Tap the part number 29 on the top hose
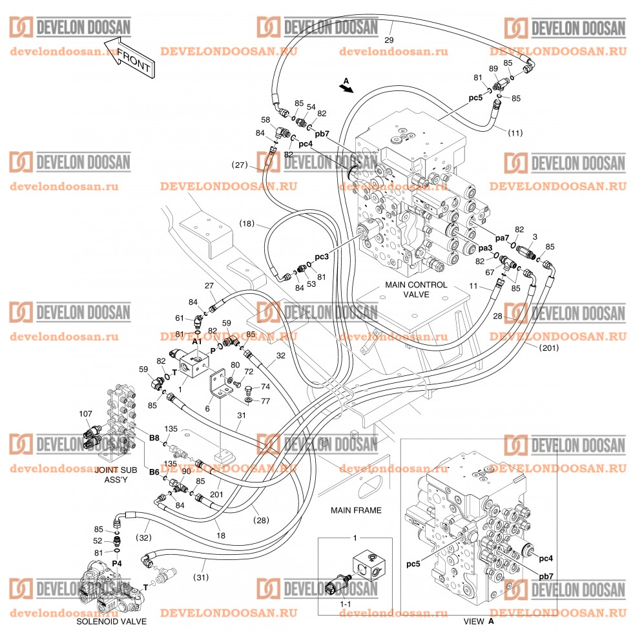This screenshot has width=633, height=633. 388,40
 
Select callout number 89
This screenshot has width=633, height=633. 493,69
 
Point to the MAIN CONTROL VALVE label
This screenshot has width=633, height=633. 416,289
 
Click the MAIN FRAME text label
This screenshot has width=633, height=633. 356,510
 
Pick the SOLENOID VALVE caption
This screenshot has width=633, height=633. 111,622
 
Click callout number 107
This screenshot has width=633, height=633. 85,414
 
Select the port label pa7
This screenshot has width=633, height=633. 484,238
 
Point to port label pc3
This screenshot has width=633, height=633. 322,257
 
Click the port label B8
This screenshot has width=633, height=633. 154,438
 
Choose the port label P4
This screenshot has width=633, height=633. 117,563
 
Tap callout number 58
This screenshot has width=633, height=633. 265,120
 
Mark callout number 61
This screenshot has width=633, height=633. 180,317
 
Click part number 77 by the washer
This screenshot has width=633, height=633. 265,400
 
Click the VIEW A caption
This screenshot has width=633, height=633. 479,622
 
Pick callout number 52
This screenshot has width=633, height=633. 98,541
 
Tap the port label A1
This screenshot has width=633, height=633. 196,340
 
